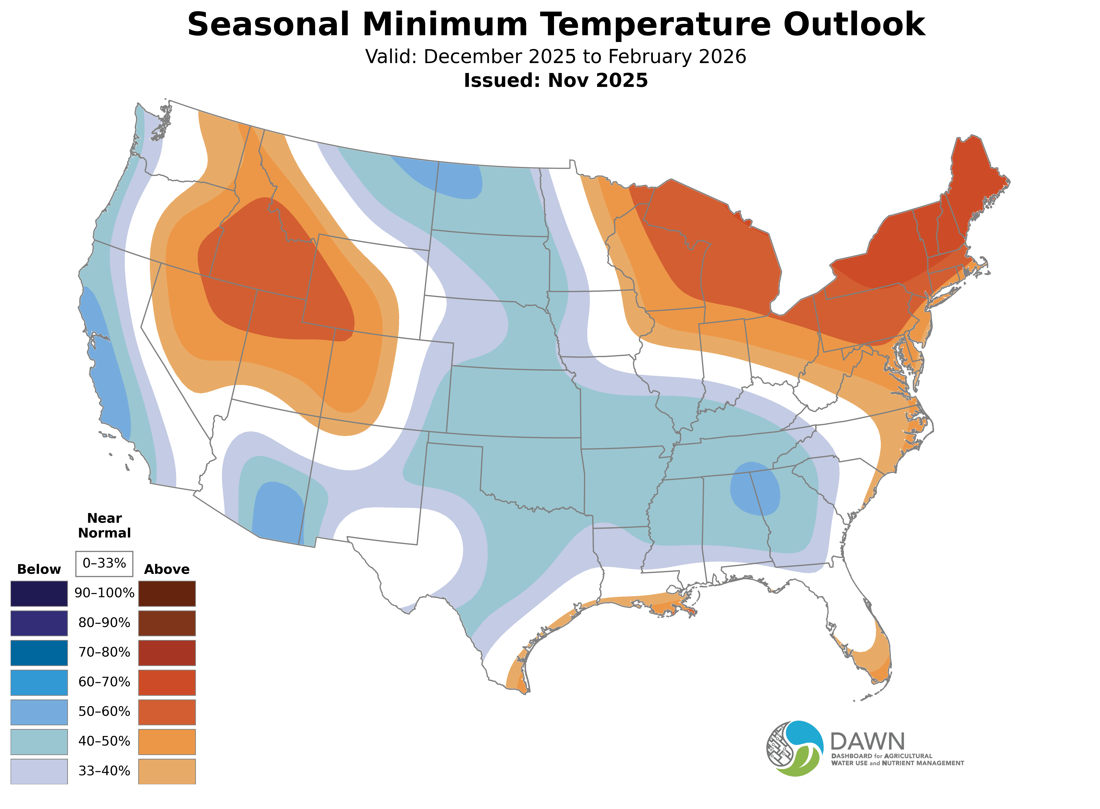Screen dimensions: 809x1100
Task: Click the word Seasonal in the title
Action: pyautogui.click(x=268, y=24)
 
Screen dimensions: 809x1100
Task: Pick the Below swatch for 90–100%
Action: pyautogui.click(x=39, y=594)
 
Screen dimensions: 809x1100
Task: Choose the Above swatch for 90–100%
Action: pyautogui.click(x=167, y=594)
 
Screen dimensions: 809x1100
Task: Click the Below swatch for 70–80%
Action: pyautogui.click(x=39, y=653)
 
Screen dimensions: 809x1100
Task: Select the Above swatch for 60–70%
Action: pyautogui.click(x=167, y=682)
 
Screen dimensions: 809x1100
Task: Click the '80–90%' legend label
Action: pyautogui.click(x=104, y=623)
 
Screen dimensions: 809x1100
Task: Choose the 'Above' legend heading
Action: pyautogui.click(x=167, y=570)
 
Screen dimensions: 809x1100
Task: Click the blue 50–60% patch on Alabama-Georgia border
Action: pyautogui.click(x=755, y=488)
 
